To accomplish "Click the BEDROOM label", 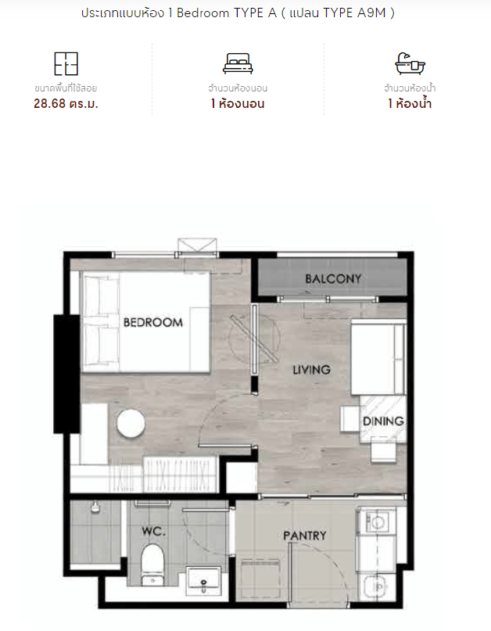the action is [153, 322].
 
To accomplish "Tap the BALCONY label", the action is [333, 278].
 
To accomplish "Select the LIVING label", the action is [311, 369].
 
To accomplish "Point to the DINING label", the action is [383, 421].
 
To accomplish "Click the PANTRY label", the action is [305, 536].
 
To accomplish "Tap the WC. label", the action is [154, 531].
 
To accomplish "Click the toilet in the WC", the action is [152, 564].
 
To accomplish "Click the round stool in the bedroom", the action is [131, 423].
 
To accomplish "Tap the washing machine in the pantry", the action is [377, 522].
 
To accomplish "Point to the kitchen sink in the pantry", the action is [375, 587].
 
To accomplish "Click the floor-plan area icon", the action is [66, 63].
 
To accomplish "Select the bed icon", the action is [238, 63].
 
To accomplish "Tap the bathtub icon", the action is [410, 63].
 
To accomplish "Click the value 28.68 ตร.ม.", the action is [66, 104].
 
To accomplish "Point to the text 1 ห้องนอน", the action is [238, 104].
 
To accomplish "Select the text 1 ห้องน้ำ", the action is [410, 103].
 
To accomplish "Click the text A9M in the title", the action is [371, 13].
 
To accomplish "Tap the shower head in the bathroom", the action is [95, 507].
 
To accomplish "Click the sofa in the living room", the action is [378, 357].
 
